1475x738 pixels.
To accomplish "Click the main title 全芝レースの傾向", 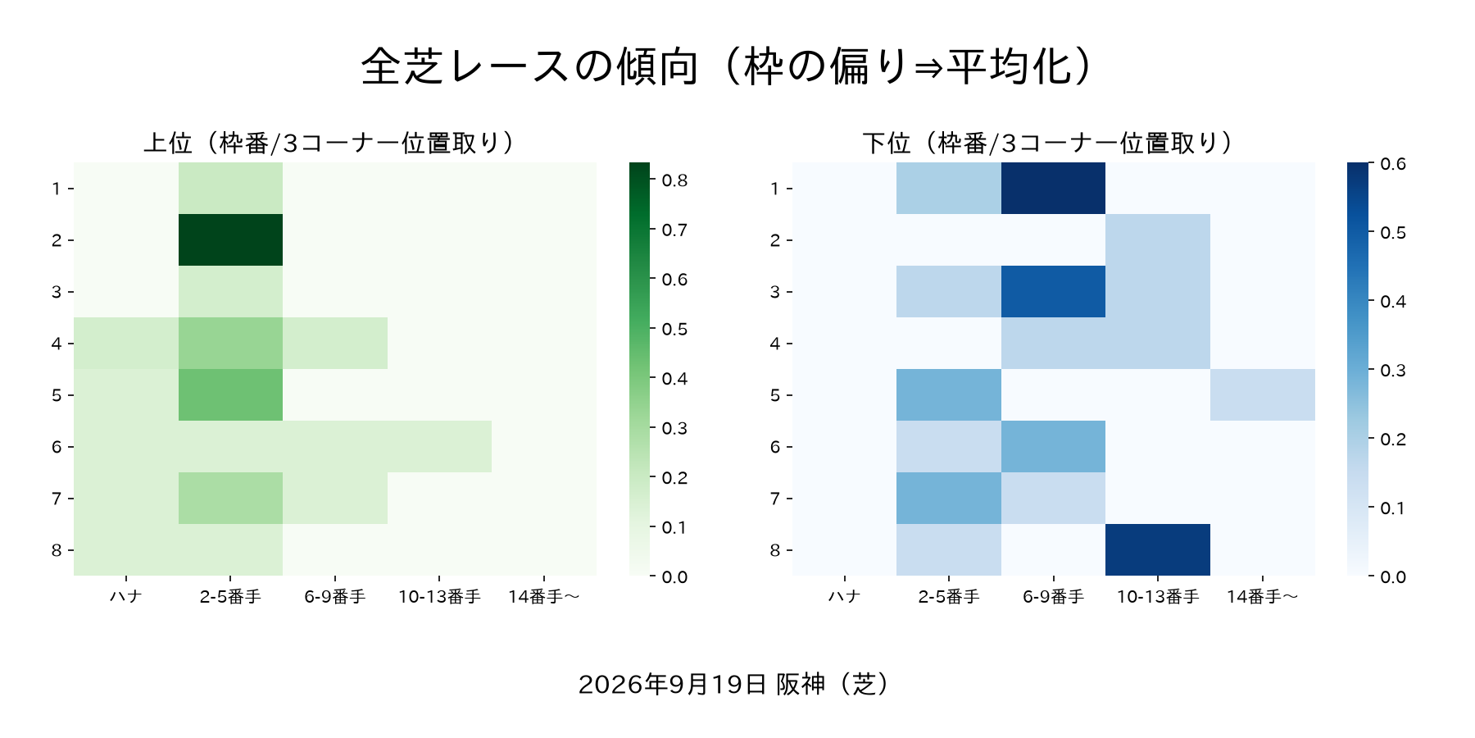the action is (530, 66).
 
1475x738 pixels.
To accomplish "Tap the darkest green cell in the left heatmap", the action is (230, 240).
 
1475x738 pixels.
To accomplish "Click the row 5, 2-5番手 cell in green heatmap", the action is (230, 395).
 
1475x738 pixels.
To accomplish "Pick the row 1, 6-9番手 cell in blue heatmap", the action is (1053, 189).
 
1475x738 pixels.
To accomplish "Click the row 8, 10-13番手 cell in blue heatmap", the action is (1158, 550).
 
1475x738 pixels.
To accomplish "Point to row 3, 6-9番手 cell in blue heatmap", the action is (1053, 292).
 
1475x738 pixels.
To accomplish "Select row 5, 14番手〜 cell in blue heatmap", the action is (1263, 395).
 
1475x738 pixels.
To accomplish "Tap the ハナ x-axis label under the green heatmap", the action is (126, 597).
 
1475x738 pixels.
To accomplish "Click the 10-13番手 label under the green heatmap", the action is (439, 597).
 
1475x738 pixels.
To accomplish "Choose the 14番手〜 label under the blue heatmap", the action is (1263, 597).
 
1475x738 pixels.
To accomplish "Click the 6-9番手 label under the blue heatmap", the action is (1053, 597).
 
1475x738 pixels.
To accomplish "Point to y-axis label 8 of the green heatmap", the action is (57, 550).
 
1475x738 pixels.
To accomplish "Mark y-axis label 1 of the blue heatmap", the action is (775, 189).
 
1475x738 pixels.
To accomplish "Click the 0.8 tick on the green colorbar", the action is (674, 180).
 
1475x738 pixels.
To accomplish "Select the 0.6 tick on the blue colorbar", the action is (1393, 164).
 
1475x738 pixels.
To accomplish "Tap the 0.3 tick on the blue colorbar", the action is (1393, 371).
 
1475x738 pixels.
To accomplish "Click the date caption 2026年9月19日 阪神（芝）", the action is (734, 684).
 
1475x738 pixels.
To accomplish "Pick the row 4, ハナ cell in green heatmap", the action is (126, 344).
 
